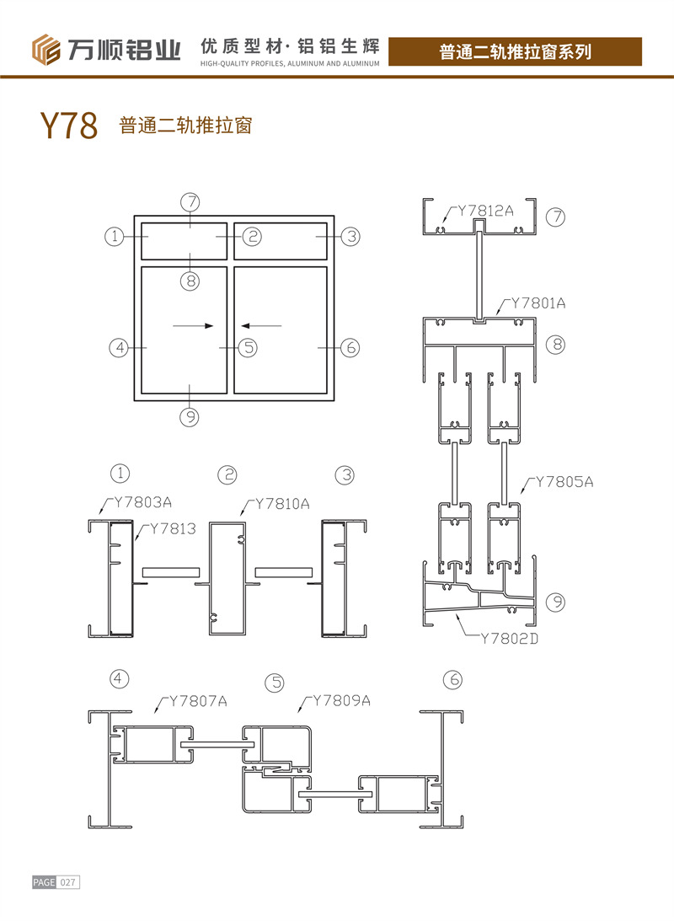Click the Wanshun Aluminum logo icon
point(45,50)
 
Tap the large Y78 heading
point(69,125)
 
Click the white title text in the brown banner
point(515,51)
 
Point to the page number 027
point(67,882)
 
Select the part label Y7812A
point(485,211)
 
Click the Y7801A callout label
point(538,303)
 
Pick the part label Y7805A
point(564,482)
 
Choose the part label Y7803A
point(142,502)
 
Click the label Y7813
point(173,528)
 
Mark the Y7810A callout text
point(282,504)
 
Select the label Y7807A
point(199,701)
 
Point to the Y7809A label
point(342,700)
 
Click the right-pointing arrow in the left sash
point(193,325)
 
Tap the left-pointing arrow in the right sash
point(261,325)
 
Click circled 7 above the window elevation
point(190,202)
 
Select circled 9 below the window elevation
point(190,417)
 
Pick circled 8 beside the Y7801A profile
point(555,344)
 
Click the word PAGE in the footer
point(44,882)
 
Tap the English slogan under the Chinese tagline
point(290,63)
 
